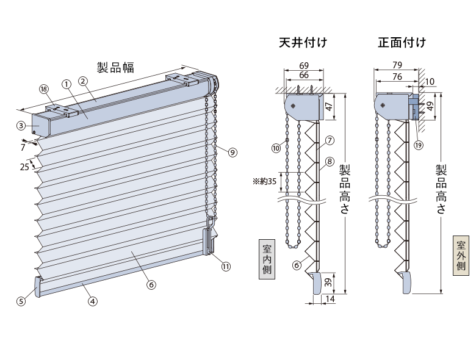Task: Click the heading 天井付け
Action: point(303,42)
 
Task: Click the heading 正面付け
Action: point(402,42)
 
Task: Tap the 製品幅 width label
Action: point(115,67)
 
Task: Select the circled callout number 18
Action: point(45,89)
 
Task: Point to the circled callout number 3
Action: point(21,125)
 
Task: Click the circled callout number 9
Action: point(233,152)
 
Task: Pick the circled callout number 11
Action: point(226,267)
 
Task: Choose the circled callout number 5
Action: point(21,301)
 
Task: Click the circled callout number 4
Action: point(93,301)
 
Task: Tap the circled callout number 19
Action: point(418,145)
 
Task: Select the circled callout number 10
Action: point(276,148)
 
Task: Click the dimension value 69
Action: point(303,65)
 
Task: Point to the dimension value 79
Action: point(397,65)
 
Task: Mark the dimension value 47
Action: point(330,107)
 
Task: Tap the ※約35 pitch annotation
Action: point(264,181)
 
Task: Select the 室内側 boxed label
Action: point(267,259)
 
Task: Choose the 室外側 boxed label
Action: point(461,255)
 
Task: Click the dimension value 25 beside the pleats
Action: point(24,167)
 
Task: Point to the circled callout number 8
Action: point(330,161)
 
